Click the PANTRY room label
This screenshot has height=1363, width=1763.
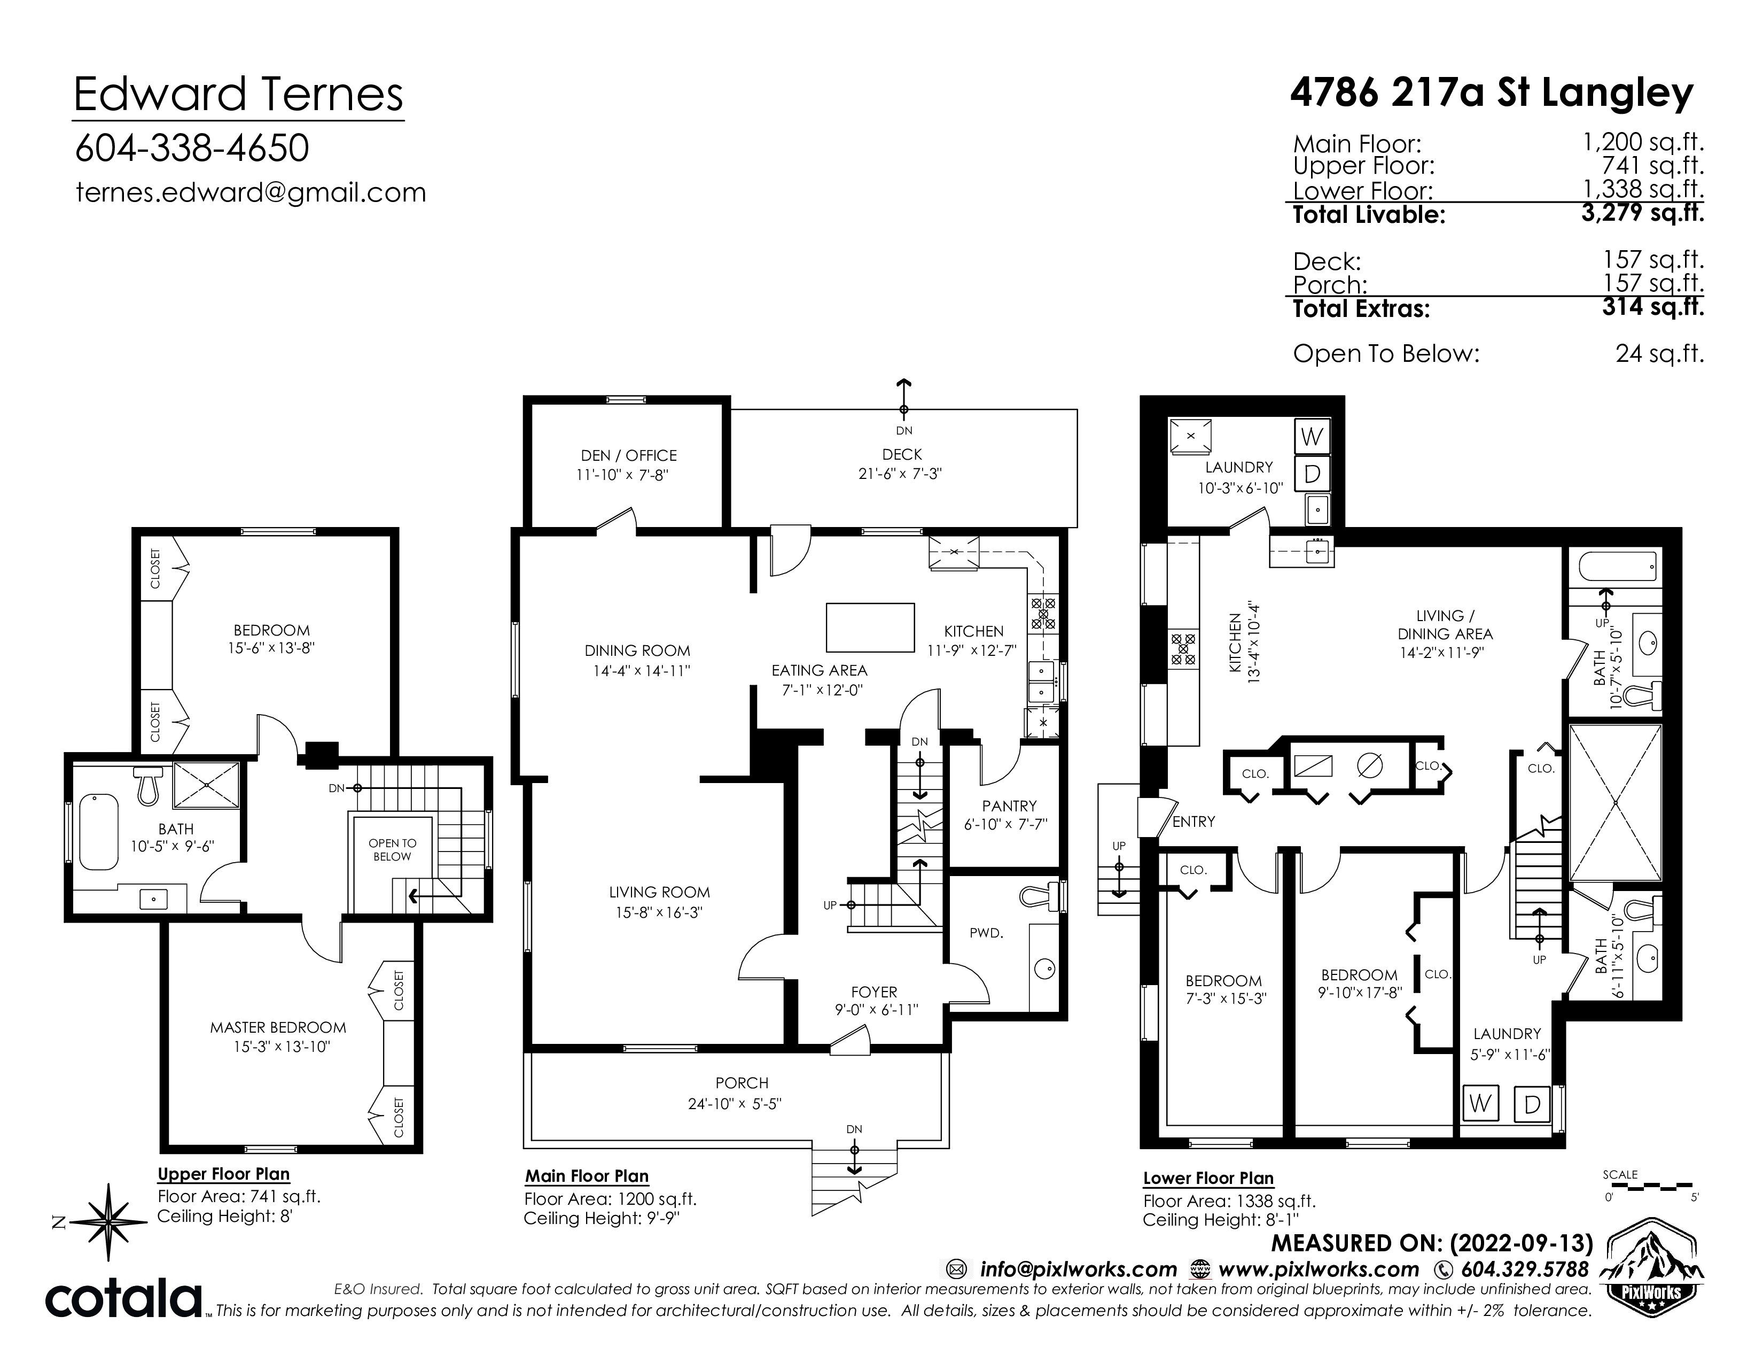[x=1009, y=806]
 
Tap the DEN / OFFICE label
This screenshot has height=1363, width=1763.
[x=629, y=455]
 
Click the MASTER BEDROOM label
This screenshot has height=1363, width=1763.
[x=278, y=1028]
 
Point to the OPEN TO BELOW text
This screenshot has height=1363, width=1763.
[x=392, y=849]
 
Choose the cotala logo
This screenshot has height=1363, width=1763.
[x=123, y=1299]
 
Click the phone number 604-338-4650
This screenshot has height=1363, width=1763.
[x=191, y=149]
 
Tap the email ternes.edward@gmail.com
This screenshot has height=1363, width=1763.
[x=250, y=193]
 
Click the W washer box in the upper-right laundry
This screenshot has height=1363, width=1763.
[x=1312, y=437]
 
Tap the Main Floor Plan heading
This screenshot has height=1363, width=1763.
[x=587, y=1176]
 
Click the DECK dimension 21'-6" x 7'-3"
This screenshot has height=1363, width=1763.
[x=900, y=474]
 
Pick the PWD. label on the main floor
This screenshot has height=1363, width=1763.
[x=986, y=933]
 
